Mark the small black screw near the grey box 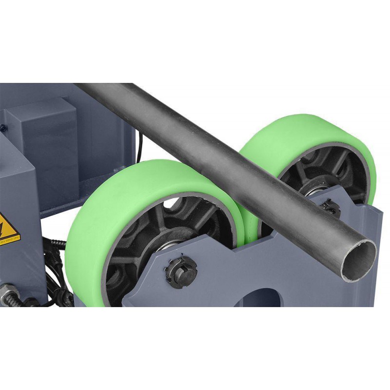click(x=3, y=128)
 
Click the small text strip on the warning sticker click(x=10, y=240)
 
